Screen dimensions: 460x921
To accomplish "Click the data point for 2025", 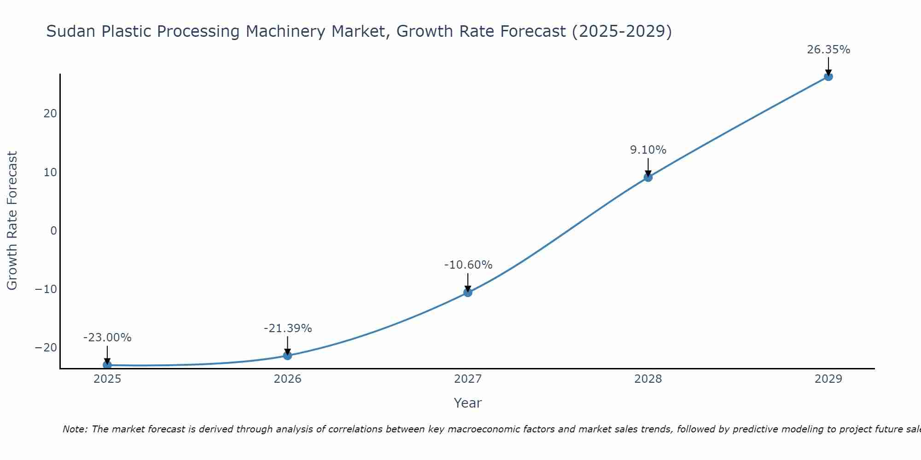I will click(107, 365).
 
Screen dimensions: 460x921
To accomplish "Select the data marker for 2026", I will click(287, 355).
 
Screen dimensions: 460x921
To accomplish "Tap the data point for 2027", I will click(468, 292).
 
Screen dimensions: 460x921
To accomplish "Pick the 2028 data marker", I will click(648, 177).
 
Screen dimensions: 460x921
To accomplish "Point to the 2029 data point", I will click(828, 76).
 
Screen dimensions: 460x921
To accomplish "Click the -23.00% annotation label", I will click(107, 338).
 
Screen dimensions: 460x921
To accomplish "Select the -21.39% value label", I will click(288, 328).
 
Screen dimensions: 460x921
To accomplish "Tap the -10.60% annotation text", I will click(468, 265).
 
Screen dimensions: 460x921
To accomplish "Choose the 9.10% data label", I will click(648, 150).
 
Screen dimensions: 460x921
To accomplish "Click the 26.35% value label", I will click(828, 50).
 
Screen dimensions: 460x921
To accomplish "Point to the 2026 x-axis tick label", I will click(287, 379).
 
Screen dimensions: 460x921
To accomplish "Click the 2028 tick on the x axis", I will click(648, 379).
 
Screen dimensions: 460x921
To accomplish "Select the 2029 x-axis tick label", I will click(828, 379).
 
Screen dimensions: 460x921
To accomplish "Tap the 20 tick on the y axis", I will click(50, 114).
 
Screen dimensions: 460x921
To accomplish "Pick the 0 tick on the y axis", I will click(53, 231).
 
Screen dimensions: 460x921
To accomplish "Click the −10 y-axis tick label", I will click(46, 289).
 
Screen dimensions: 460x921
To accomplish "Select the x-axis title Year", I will click(467, 403).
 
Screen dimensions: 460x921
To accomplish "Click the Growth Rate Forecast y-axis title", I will click(12, 221).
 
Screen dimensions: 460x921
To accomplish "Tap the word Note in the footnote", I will click(74, 429).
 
